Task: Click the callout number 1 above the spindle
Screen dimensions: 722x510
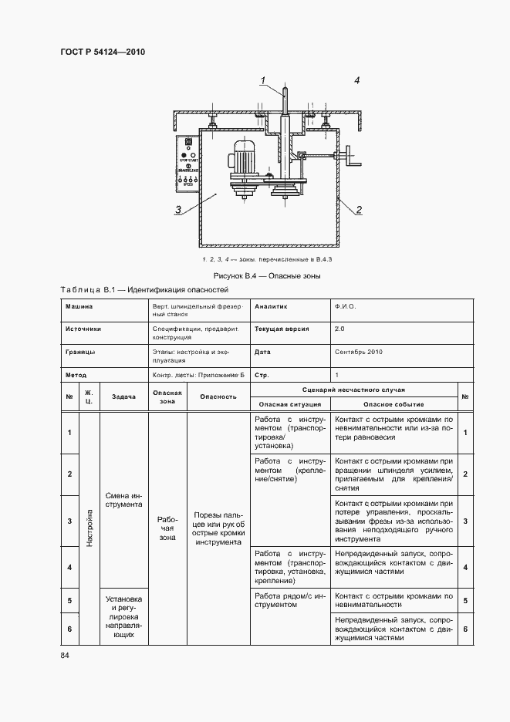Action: point(263,80)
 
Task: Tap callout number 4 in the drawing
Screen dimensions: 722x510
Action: point(357,80)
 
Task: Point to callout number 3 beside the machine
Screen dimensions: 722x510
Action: point(178,208)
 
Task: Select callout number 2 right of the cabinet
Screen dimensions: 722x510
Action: point(359,209)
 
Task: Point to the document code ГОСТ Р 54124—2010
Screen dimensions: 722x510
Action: point(103,52)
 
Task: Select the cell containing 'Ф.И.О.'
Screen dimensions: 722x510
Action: point(345,306)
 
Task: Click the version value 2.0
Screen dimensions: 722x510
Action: point(340,329)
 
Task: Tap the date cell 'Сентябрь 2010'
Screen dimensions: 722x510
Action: point(359,352)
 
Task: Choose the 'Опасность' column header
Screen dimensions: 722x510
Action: point(218,396)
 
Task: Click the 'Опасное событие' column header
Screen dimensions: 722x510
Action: point(393,404)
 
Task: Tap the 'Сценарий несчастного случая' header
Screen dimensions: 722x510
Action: point(353,390)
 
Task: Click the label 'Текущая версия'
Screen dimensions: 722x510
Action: point(282,329)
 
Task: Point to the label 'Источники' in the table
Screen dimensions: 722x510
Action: point(83,329)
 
